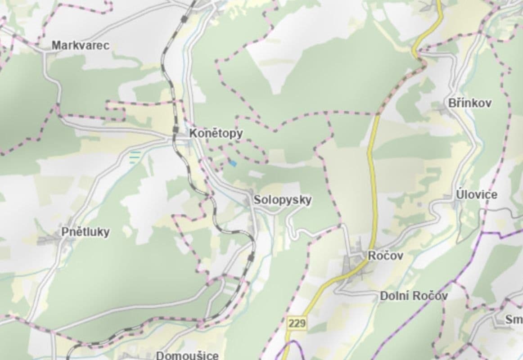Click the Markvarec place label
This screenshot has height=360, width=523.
[x=80, y=45]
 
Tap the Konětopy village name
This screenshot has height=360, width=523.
[x=216, y=133]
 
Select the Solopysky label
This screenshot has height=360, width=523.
[x=282, y=200]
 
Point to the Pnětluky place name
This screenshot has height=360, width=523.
[x=86, y=232]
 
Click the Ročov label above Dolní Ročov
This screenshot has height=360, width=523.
[x=385, y=256]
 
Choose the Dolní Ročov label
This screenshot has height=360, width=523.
[x=414, y=296]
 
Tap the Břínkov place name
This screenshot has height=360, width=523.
[x=470, y=103]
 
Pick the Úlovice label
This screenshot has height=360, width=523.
[x=477, y=195]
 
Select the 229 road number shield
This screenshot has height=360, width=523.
[x=297, y=323]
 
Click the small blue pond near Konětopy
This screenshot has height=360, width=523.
[x=232, y=163]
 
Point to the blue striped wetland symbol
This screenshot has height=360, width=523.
[x=135, y=157]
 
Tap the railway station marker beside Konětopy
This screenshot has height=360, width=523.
[x=176, y=130]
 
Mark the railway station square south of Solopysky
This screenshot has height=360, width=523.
[x=251, y=257]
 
